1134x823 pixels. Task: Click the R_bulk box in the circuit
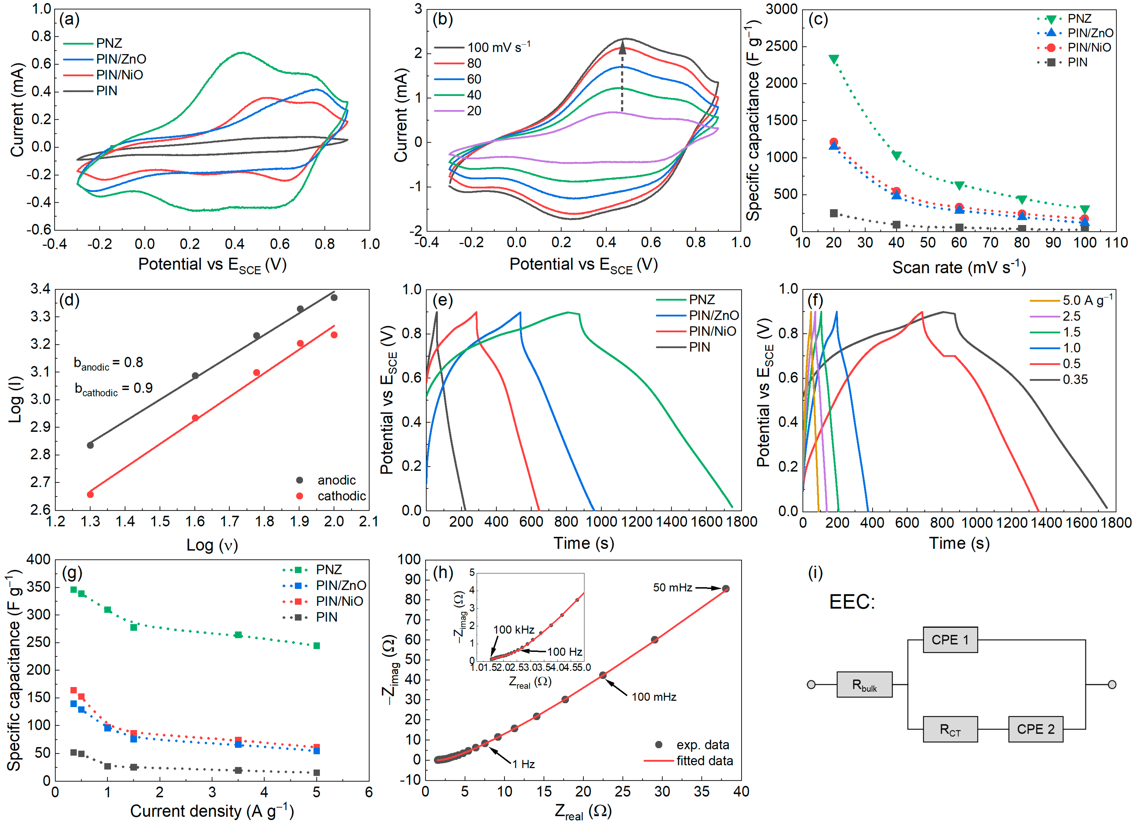pos(864,684)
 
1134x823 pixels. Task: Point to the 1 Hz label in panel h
pos(524,764)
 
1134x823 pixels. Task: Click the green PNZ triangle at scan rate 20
pos(833,59)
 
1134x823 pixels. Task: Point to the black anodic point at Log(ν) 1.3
pos(90,445)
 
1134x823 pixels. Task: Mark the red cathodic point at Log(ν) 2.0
pos(334,335)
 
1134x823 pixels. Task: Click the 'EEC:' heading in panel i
pos(852,602)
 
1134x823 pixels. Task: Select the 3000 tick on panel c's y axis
pos(782,9)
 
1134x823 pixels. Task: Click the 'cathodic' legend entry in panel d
pos(342,496)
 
